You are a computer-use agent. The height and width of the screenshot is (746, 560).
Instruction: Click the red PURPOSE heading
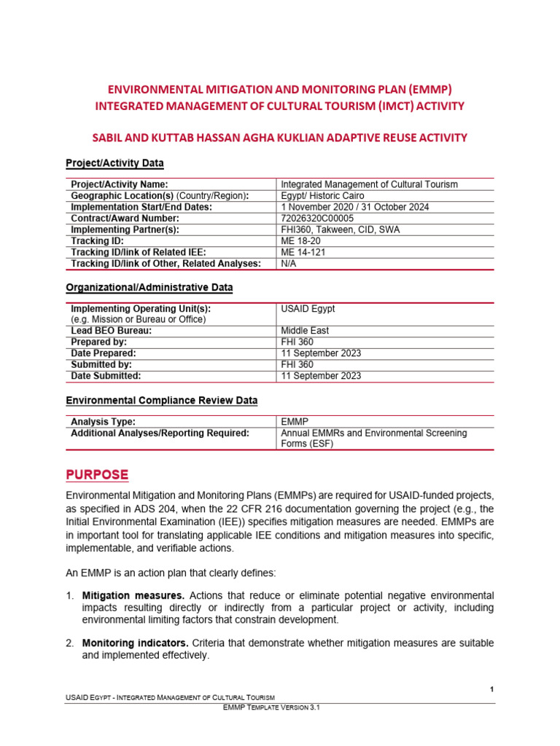click(97, 474)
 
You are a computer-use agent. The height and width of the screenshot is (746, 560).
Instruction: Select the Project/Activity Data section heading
click(114, 162)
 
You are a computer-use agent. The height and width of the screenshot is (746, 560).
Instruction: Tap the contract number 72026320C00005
click(317, 218)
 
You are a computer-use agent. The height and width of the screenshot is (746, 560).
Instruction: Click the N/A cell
click(289, 263)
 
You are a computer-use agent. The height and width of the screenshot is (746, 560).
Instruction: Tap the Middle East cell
click(305, 330)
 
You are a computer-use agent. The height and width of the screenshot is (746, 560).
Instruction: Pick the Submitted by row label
click(101, 364)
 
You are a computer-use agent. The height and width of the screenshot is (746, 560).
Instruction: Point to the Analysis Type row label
click(103, 421)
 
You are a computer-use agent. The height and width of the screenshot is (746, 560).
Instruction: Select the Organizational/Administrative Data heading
click(149, 287)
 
